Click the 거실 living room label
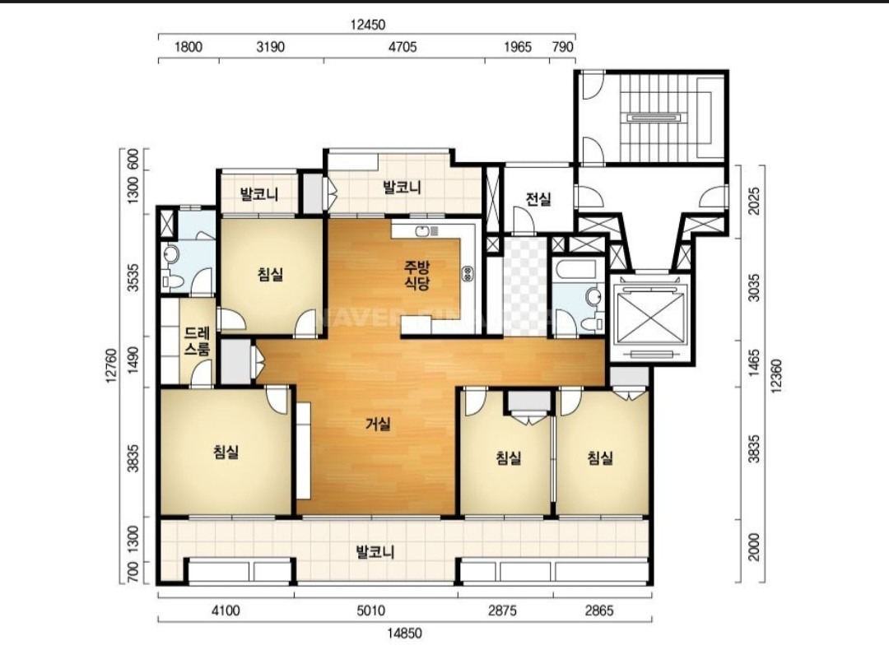click(x=378, y=423)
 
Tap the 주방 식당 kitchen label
click(x=417, y=275)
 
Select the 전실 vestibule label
click(x=538, y=199)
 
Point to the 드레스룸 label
click(x=198, y=341)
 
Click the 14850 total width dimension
click(x=405, y=634)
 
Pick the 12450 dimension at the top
click(x=367, y=25)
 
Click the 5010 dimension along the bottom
click(x=370, y=611)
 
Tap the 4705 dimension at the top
click(x=403, y=46)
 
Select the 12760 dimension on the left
click(x=112, y=366)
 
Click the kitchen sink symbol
click(x=426, y=230)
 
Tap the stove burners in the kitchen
click(x=468, y=274)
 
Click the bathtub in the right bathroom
click(x=576, y=269)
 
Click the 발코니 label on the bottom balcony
click(x=375, y=552)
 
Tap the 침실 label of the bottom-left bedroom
click(x=226, y=452)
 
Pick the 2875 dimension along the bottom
click(x=503, y=611)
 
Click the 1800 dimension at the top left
click(x=189, y=46)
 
